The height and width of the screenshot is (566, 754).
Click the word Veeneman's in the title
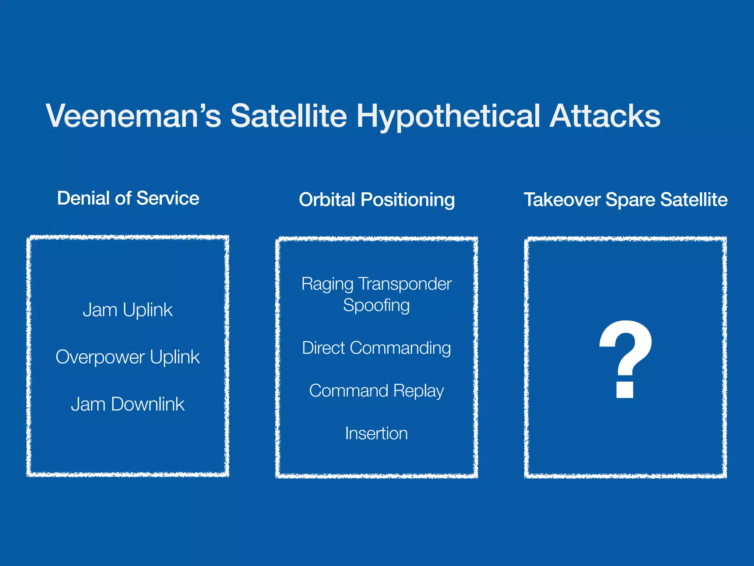tap(133, 116)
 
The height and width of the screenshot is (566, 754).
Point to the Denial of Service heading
tap(128, 198)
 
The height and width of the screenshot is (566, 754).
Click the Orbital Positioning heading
tap(377, 200)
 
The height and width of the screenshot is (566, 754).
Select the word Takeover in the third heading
tap(562, 200)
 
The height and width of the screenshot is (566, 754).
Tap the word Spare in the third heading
tap(630, 200)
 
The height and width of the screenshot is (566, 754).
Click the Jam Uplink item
tap(127, 310)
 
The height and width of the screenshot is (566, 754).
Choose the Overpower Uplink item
tap(127, 357)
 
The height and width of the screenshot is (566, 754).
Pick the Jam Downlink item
tap(127, 404)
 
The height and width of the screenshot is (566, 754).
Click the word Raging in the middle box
tap(327, 284)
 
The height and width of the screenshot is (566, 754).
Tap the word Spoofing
tap(376, 305)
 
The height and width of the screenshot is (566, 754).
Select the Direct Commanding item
tap(376, 348)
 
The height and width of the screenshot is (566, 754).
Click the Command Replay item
tap(376, 391)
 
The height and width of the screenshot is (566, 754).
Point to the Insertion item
tap(376, 433)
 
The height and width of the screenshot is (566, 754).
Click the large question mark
tap(626, 346)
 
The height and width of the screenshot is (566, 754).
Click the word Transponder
tap(405, 284)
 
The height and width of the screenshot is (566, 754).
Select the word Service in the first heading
tap(168, 198)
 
